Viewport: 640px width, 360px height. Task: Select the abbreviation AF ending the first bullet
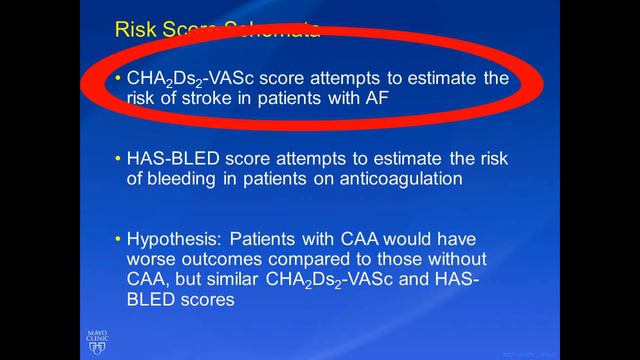coord(371,98)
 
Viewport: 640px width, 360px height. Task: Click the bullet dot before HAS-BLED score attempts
coord(117,159)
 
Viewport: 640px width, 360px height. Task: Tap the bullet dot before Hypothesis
coord(117,240)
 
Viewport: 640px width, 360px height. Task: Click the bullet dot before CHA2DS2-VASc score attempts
coord(117,78)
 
